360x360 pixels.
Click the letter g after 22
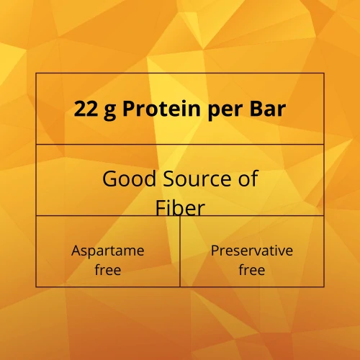tap(109, 111)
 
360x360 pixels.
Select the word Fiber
tap(180, 207)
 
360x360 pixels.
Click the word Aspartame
tap(108, 251)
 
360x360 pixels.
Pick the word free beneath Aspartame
tap(108, 271)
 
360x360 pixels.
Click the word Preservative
tap(252, 251)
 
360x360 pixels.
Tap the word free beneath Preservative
tap(252, 271)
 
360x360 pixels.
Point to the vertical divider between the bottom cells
tap(180, 252)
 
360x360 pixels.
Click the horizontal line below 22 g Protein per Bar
tap(180, 144)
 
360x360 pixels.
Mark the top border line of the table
tap(180, 73)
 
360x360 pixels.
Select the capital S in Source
tap(167, 179)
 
